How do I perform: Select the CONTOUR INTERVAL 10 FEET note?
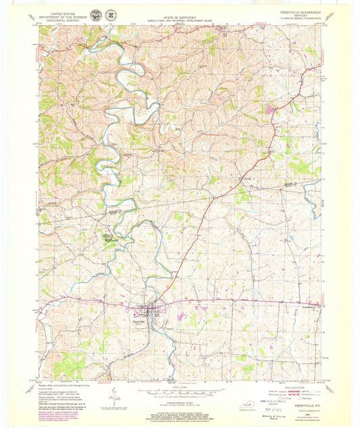180,403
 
